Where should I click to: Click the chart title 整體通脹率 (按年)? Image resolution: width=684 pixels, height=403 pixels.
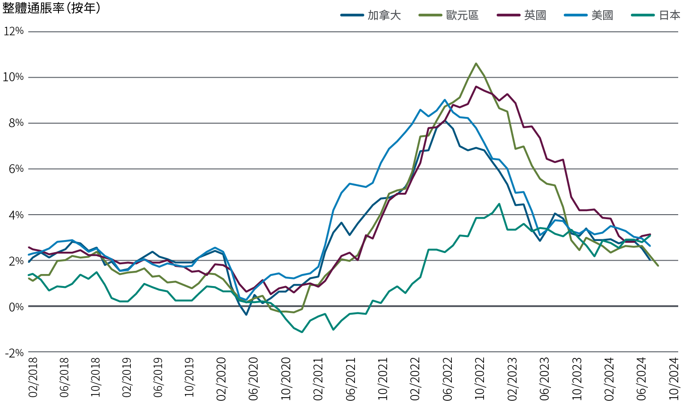pos(51,8)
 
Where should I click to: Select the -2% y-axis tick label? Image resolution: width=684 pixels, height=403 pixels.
pos(14,353)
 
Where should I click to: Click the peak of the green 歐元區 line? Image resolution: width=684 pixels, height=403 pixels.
pos(476,63)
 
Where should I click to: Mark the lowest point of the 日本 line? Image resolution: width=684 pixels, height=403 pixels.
pos(302,332)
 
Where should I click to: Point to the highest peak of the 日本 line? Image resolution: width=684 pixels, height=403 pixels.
pos(499,204)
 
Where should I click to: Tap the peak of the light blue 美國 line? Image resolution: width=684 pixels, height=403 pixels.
pos(445,100)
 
